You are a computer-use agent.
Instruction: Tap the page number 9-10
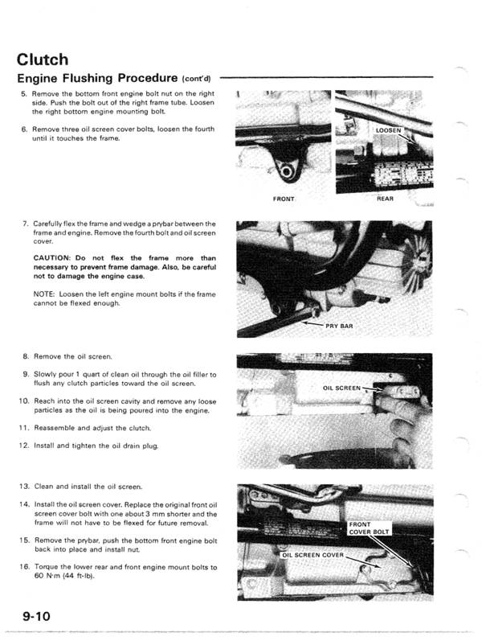pyautogui.click(x=37, y=616)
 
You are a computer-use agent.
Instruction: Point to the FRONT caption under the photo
pyautogui.click(x=284, y=198)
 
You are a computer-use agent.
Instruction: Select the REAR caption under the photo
pyautogui.click(x=386, y=198)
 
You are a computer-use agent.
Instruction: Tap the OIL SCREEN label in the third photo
pyautogui.click(x=342, y=388)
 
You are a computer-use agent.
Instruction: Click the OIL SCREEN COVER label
pyautogui.click(x=312, y=555)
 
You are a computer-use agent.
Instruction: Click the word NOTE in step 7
pyautogui.click(x=45, y=294)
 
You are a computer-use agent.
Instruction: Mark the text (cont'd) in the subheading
pyautogui.click(x=196, y=79)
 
